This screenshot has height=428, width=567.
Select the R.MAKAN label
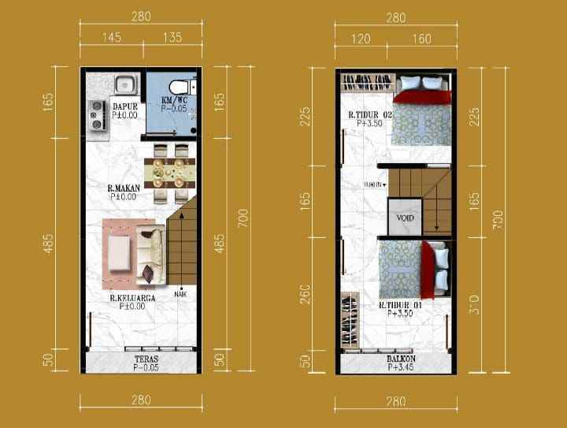[x=122, y=188]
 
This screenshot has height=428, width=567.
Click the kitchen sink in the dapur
[x=126, y=83]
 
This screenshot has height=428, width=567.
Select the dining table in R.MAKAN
[x=170, y=169]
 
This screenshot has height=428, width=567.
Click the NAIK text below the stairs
[x=180, y=295]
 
